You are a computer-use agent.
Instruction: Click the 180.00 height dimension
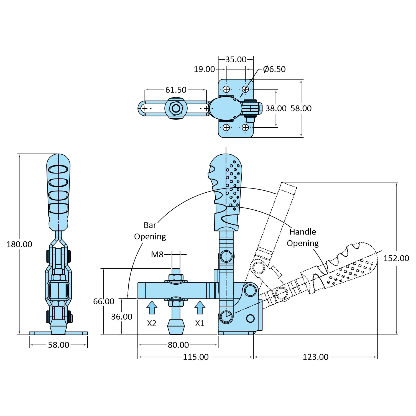click(19, 244)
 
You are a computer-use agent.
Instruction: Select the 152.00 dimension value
click(396, 258)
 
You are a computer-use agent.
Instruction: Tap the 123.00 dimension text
click(315, 357)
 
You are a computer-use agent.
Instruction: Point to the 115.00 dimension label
click(196, 357)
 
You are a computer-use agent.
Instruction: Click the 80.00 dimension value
click(178, 345)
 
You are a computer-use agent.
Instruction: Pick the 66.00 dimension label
click(104, 301)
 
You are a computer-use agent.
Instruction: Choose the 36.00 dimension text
click(122, 317)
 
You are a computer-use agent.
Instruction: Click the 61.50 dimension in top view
click(176, 90)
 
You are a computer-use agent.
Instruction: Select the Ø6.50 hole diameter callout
click(274, 69)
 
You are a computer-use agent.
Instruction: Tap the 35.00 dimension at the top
click(236, 59)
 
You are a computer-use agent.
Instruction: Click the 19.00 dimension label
click(204, 69)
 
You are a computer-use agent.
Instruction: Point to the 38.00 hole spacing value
click(276, 108)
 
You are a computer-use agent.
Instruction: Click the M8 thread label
click(157, 254)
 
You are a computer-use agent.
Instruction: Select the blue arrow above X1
click(200, 307)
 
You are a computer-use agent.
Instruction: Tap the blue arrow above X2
click(152, 307)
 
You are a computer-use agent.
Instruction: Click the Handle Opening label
click(303, 237)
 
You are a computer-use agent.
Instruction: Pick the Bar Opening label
click(150, 231)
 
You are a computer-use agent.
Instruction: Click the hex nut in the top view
click(176, 108)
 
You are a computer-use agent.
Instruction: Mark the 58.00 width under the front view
click(58, 345)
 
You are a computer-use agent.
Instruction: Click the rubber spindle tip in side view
click(176, 327)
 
